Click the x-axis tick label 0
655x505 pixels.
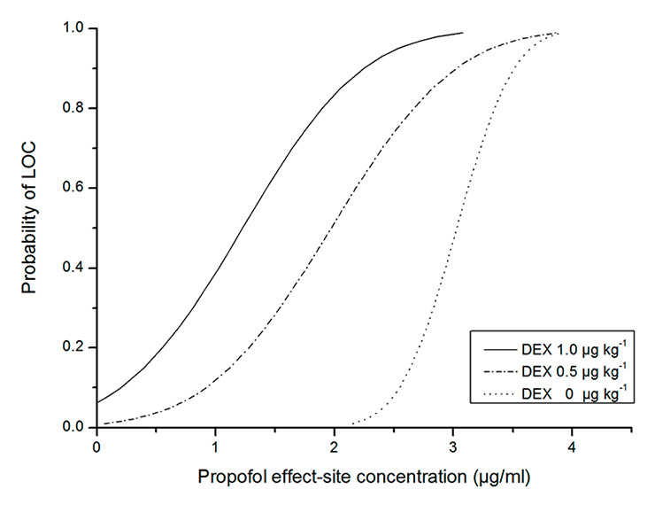[x=96, y=446]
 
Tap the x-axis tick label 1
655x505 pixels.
[x=215, y=446]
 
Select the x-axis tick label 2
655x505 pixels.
[x=335, y=446]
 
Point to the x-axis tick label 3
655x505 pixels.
[x=453, y=446]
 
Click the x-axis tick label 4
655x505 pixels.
[x=572, y=446]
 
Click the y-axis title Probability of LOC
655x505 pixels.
[x=30, y=229]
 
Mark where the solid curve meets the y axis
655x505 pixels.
[x=96, y=402]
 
